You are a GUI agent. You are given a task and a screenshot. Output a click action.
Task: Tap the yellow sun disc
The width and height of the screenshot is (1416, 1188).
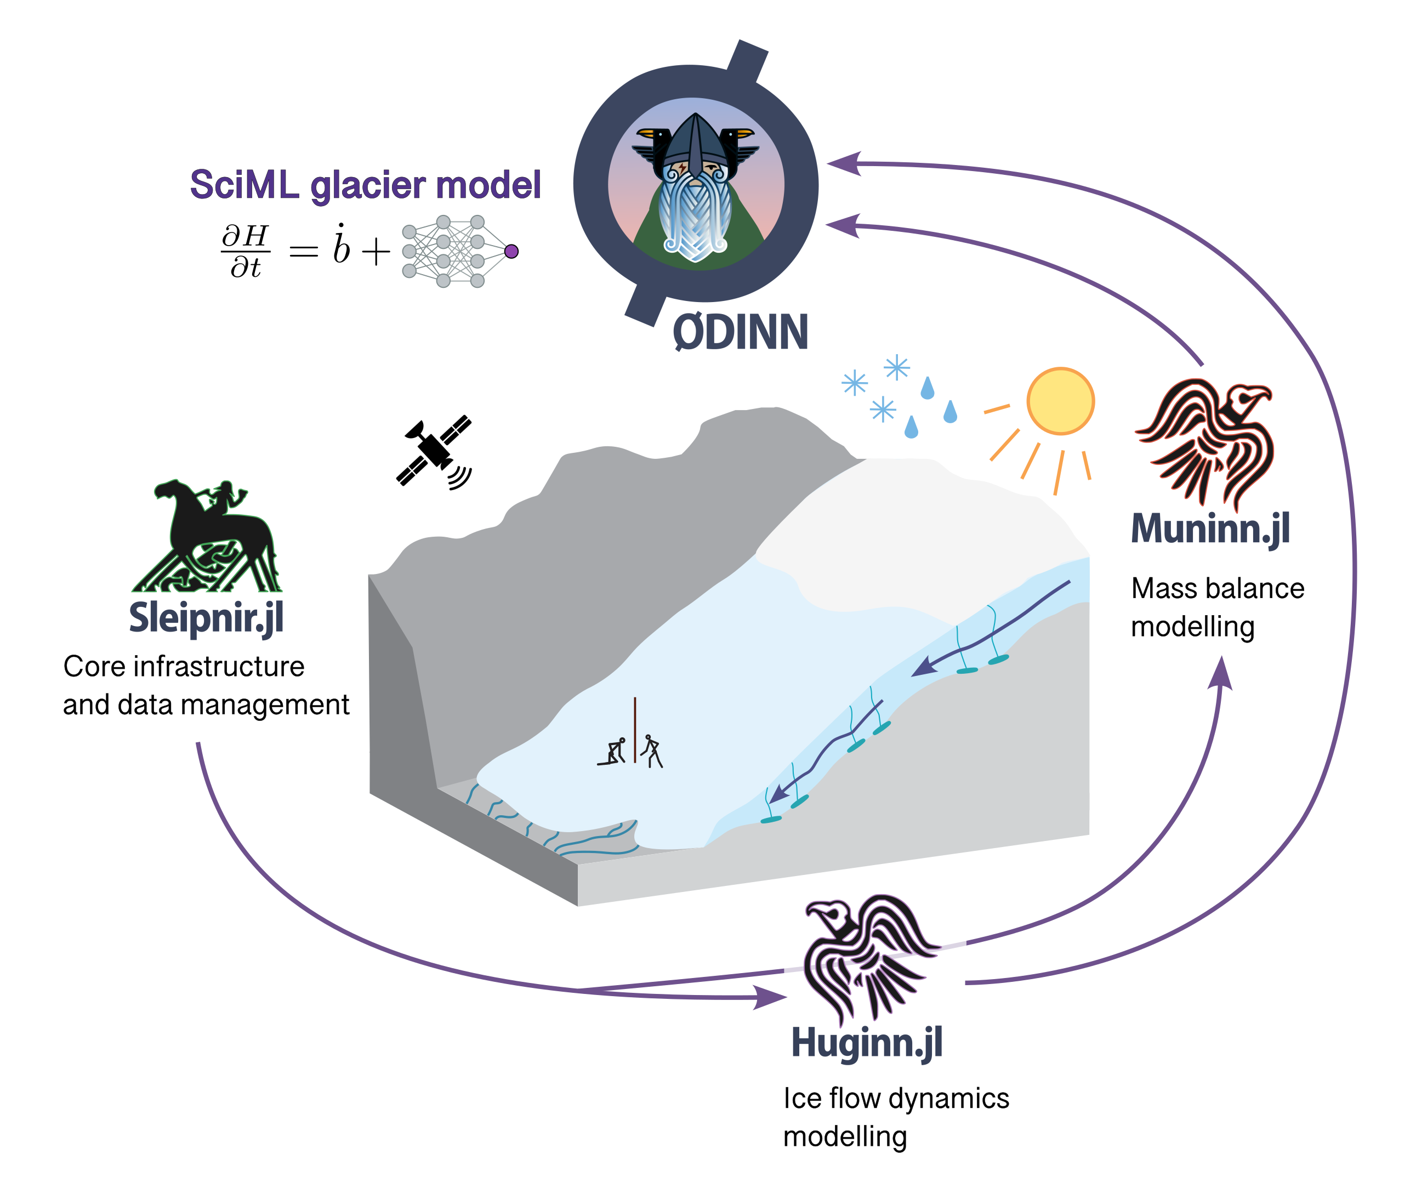click(1061, 401)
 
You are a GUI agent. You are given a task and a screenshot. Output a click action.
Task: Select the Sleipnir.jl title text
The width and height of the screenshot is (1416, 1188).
click(206, 619)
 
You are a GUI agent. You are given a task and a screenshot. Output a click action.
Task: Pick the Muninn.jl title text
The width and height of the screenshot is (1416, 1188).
click(1211, 529)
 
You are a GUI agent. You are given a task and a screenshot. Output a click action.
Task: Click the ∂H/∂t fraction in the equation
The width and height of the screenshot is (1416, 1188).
click(246, 251)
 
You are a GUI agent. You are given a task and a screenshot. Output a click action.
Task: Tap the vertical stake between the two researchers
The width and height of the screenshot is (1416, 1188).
click(634, 730)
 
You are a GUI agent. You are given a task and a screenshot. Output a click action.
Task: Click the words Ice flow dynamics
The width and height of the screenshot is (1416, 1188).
click(896, 1098)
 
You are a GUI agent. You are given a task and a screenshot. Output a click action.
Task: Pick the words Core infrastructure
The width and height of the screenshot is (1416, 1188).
click(184, 666)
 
